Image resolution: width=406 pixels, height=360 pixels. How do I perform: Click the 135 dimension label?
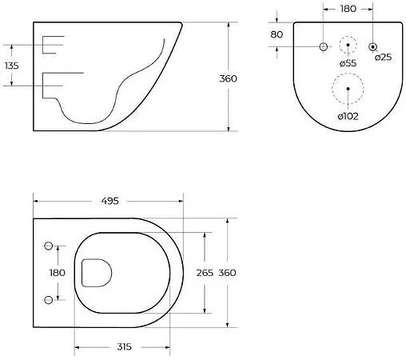(12, 66)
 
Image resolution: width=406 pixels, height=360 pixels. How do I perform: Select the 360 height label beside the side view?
(228, 78)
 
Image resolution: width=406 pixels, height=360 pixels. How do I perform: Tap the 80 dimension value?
(277, 34)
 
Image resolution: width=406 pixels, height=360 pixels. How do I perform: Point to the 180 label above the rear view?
(348, 9)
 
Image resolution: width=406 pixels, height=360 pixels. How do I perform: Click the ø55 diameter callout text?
(348, 63)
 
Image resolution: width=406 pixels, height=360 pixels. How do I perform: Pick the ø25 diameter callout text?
(383, 57)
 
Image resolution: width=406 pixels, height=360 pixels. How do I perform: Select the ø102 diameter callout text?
(348, 116)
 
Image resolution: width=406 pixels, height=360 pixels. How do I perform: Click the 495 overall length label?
(109, 201)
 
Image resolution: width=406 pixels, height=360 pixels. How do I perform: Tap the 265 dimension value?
(205, 273)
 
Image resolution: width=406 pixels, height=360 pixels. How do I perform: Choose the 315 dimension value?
(124, 346)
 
